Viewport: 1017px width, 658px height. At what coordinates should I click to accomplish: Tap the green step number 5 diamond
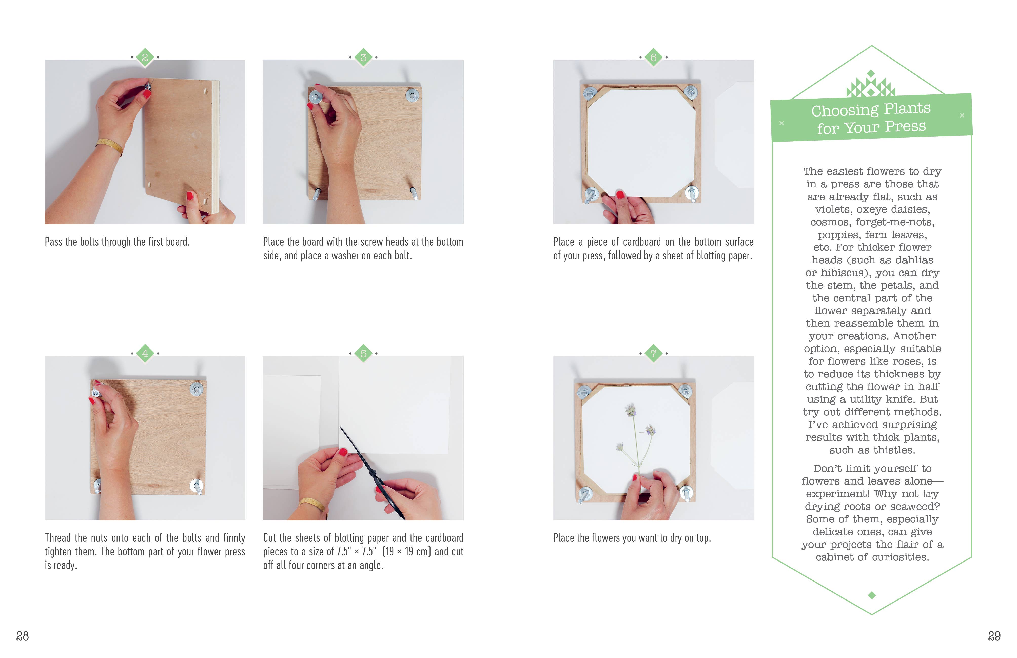point(363,353)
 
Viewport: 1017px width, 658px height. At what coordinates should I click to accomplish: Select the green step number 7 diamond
point(653,353)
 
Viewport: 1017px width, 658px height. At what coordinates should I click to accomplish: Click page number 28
point(22,636)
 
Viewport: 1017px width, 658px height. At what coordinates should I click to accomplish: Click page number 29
point(994,636)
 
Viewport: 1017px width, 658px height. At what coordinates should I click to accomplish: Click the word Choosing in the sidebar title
point(845,111)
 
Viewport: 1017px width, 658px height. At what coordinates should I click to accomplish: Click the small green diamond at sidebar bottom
point(872,595)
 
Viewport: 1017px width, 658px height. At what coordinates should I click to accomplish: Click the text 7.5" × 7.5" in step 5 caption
point(356,552)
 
